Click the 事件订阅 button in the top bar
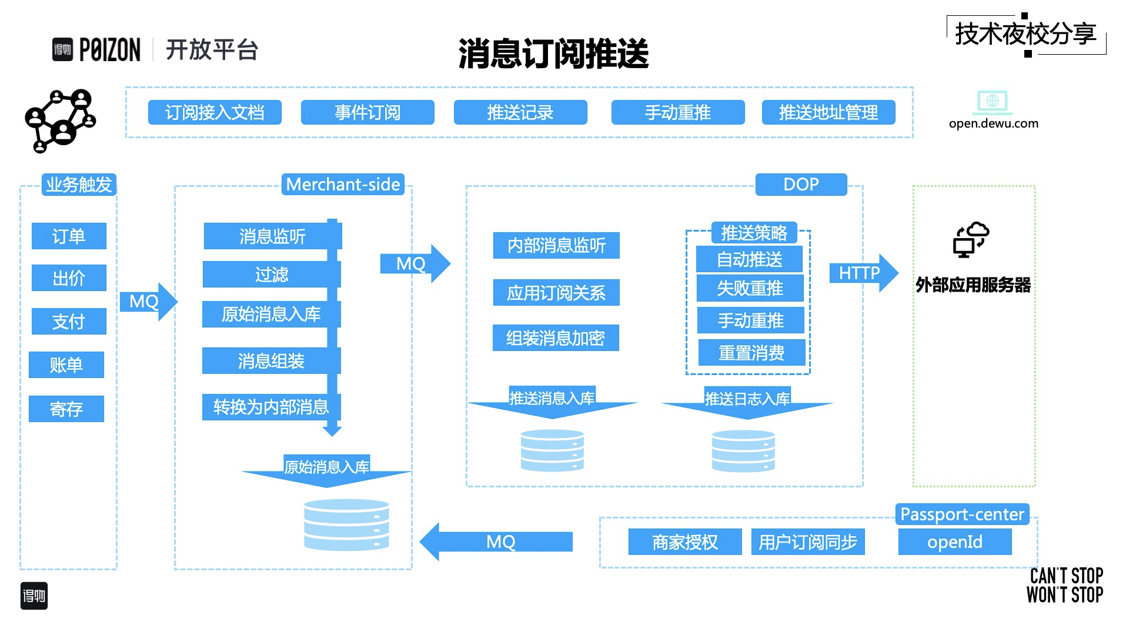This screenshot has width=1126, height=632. (x=367, y=112)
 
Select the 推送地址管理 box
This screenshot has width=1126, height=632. (x=828, y=112)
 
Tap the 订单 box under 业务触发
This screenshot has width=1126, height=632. (x=69, y=236)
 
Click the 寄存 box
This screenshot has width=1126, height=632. (x=66, y=409)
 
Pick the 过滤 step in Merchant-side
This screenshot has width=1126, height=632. (x=271, y=275)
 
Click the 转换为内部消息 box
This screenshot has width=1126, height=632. (x=271, y=407)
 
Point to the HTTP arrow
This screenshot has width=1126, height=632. (x=862, y=273)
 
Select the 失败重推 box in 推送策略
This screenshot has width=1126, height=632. (x=750, y=288)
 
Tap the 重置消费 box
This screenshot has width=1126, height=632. (x=751, y=353)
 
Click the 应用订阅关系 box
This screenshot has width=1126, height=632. (x=556, y=293)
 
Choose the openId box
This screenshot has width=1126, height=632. (x=954, y=541)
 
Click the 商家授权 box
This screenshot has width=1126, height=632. (x=684, y=541)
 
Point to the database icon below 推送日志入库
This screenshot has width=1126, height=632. (x=743, y=451)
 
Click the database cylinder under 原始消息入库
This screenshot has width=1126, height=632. (x=346, y=524)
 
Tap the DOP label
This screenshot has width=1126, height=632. (x=801, y=185)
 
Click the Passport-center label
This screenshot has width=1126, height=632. (x=961, y=514)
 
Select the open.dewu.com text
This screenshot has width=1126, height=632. (x=993, y=123)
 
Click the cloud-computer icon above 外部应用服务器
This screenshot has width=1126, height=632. (x=970, y=239)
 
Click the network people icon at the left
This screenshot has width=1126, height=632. (x=60, y=120)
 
